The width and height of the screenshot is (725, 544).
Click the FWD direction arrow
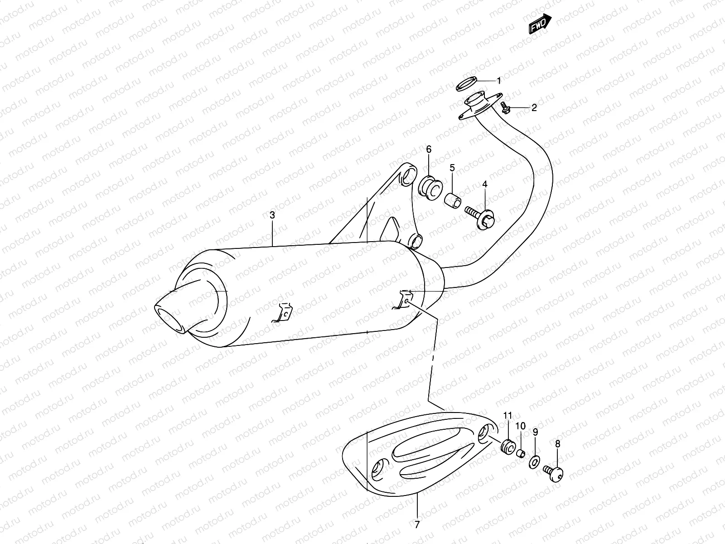540,24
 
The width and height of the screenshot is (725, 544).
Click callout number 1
499,81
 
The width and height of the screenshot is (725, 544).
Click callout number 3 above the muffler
272,215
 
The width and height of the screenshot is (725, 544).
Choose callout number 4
484,184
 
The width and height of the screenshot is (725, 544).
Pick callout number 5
452,168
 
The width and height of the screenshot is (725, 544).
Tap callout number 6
428,150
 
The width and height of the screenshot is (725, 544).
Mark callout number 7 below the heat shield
417,525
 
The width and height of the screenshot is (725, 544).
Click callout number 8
557,444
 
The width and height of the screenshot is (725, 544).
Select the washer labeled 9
534,462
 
